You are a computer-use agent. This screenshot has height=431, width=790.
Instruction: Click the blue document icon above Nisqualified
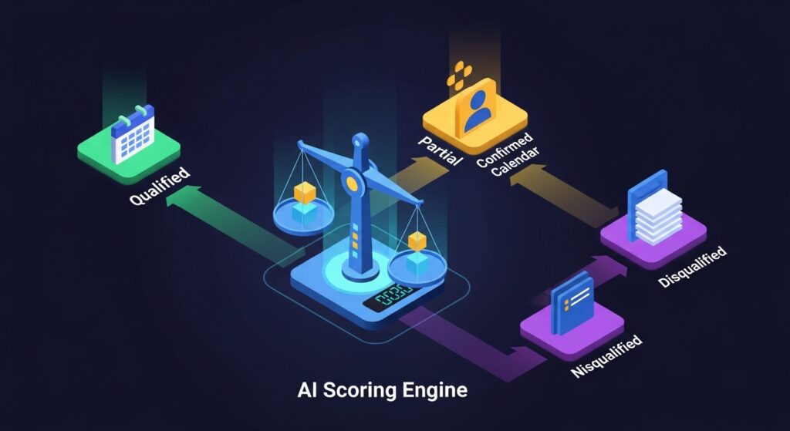point(574,304)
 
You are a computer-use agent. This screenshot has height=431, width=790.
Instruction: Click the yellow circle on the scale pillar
point(353,183)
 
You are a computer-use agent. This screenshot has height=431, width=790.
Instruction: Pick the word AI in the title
point(307,390)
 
